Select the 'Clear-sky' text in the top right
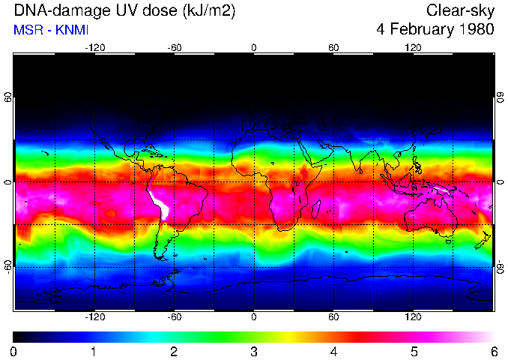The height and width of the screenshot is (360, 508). [460, 11]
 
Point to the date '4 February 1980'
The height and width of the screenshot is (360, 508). [435, 31]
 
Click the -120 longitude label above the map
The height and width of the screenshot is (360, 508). [94, 47]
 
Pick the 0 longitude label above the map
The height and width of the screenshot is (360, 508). [254, 47]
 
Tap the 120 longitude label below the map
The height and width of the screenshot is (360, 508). [414, 317]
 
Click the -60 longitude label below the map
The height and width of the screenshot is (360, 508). [174, 317]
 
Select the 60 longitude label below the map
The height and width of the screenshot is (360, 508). [333, 317]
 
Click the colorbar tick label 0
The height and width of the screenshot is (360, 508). [13, 350]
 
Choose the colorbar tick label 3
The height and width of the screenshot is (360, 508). [253, 350]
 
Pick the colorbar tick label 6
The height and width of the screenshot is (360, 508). [493, 350]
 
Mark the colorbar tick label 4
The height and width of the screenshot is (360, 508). [333, 350]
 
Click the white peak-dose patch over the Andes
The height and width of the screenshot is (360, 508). [160, 204]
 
